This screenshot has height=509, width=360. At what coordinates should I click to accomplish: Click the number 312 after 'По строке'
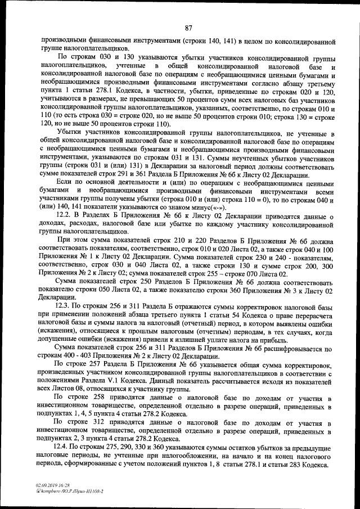tap(100, 421)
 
